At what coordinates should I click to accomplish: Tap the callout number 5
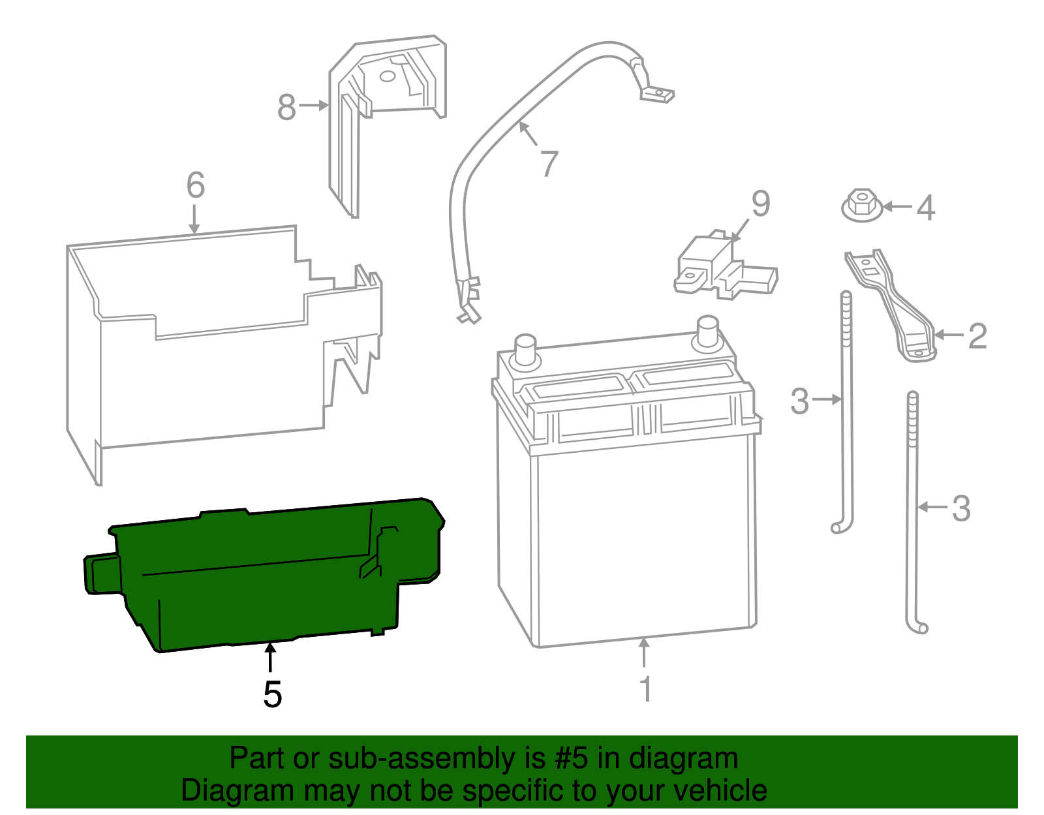pos(272,694)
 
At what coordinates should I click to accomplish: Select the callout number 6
pos(195,185)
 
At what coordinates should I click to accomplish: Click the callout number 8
pos(286,107)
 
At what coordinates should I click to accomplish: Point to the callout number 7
pos(549,163)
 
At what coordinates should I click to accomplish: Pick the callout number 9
pos(760,204)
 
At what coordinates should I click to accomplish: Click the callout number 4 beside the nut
pos(926,208)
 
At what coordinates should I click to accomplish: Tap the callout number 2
pos(977,336)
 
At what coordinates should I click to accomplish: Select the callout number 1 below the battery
pos(645,689)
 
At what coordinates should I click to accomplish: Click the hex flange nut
pos(862,206)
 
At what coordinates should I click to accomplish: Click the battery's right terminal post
pos(707,331)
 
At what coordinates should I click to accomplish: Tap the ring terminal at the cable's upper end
pos(658,95)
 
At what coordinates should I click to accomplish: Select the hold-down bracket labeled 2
pos(894,303)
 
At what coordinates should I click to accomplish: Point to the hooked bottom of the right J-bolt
pos(920,627)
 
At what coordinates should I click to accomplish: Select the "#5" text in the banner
pos(572,759)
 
